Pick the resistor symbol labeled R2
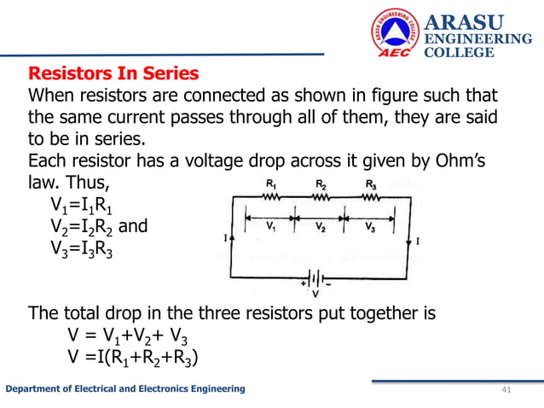tap(320, 195)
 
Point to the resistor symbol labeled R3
tap(369, 195)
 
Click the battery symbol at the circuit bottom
tap(315, 278)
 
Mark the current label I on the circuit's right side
tap(416, 242)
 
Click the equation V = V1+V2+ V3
tap(127, 335)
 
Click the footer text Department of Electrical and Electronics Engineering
tap(126, 389)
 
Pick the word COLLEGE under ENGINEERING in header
tap(459, 53)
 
